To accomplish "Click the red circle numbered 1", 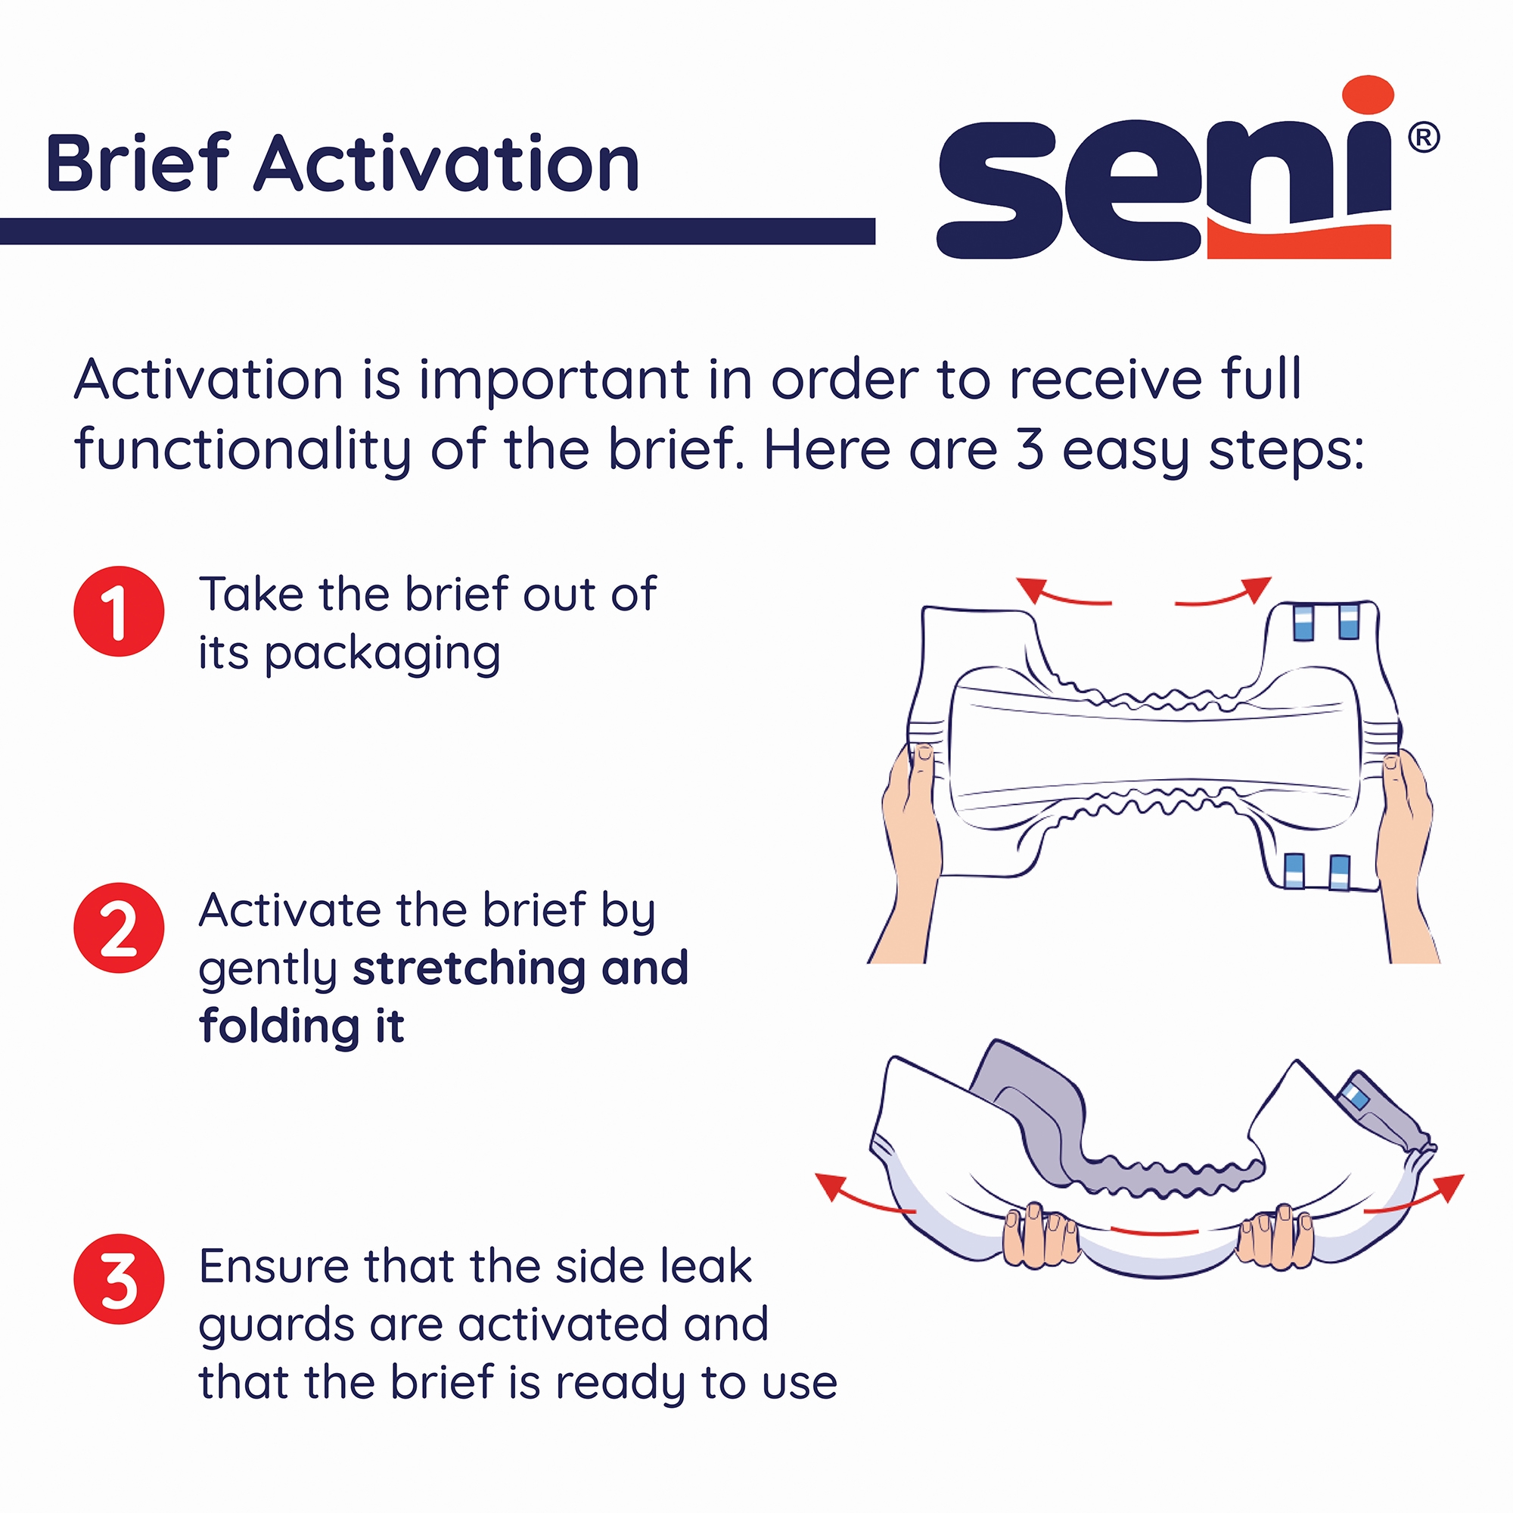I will pyautogui.click(x=119, y=610).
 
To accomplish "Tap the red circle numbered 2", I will pyautogui.click(x=119, y=927).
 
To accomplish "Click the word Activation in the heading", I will pyautogui.click(x=446, y=164).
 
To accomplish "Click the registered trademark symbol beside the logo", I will pyautogui.click(x=1423, y=138).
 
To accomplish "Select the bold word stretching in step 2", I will pyautogui.click(x=465, y=968).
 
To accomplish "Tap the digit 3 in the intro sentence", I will pyautogui.click(x=1030, y=450).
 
